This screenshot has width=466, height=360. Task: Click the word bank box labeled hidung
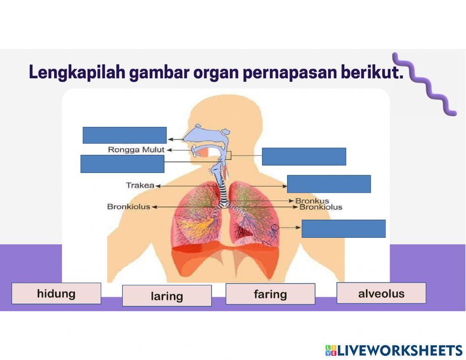point(56,293)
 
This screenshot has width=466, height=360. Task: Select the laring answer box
point(167,296)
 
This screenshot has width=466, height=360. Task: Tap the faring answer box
point(270,294)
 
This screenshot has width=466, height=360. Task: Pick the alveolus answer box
point(381,293)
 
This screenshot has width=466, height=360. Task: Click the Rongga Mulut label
point(136,150)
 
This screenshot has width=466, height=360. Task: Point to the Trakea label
point(140,185)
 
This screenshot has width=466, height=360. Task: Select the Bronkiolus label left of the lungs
point(129,206)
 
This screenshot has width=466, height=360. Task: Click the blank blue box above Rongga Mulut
point(124,135)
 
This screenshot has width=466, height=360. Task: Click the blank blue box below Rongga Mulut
point(122,164)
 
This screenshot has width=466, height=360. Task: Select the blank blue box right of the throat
point(304,157)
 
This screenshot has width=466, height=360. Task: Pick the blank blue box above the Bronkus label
point(329,184)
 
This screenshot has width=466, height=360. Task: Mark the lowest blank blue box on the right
point(343,228)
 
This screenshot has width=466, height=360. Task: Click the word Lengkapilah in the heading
point(77,73)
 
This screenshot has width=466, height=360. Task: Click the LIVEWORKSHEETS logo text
point(400,350)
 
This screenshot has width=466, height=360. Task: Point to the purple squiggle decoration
point(424,84)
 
